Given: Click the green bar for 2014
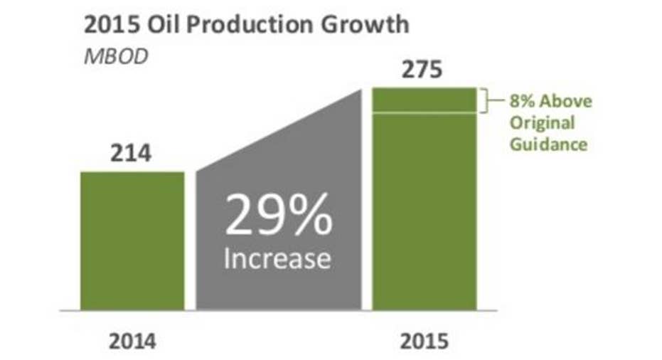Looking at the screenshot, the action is (x=132, y=241).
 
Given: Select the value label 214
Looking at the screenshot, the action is (x=131, y=154).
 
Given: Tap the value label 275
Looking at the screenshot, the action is (x=422, y=70).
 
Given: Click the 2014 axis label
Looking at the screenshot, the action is (x=132, y=342).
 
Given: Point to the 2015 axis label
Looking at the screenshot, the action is (x=425, y=342).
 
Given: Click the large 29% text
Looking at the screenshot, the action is (x=279, y=215).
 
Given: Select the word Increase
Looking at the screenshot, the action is (x=277, y=258).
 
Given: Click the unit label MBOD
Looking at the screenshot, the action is (x=116, y=57).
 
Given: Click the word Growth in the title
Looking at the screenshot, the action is (x=365, y=24).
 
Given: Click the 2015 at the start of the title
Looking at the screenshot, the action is (x=112, y=24).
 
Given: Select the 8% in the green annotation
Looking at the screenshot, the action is (x=523, y=101).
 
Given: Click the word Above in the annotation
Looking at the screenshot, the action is (x=566, y=101).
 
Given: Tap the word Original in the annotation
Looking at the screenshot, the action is (x=542, y=123).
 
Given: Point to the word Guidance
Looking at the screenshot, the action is (x=548, y=144).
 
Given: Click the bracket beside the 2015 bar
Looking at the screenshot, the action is (x=487, y=100).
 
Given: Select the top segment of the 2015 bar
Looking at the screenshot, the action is (x=425, y=100).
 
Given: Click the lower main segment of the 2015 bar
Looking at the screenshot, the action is (x=425, y=212).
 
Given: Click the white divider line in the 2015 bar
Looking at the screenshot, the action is (x=425, y=113).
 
